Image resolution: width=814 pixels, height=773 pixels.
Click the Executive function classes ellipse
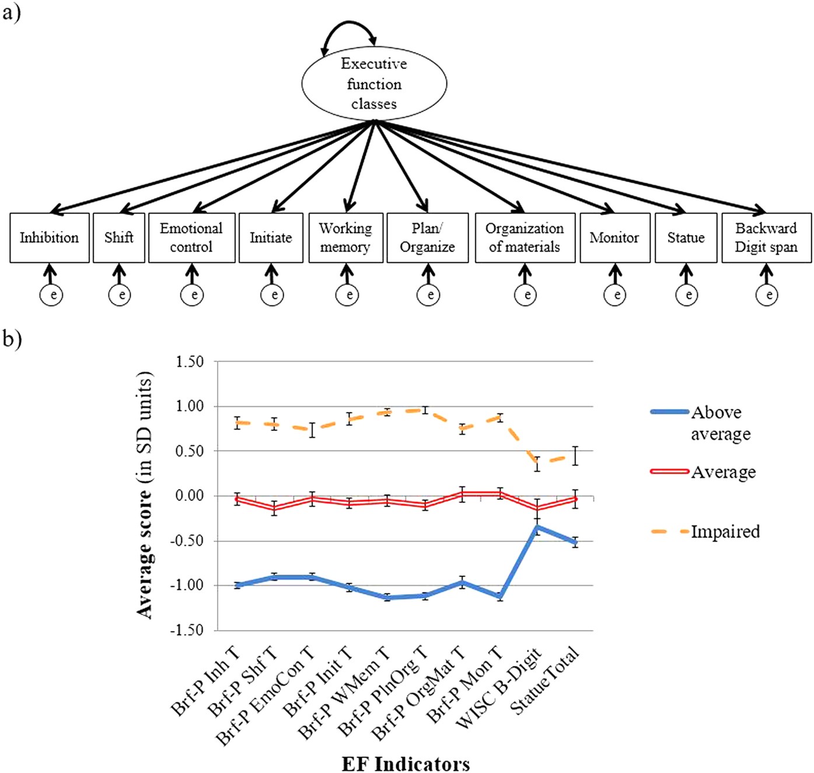(374, 83)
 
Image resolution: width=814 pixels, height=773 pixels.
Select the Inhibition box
(50, 238)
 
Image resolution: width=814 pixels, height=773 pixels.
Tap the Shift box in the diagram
(119, 238)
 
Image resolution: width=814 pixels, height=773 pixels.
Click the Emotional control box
(191, 238)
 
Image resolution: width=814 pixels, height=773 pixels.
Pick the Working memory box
(345, 238)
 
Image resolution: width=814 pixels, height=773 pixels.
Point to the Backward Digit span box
(766, 238)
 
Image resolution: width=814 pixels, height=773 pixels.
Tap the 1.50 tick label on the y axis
(190, 362)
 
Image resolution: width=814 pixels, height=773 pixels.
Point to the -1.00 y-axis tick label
(188, 586)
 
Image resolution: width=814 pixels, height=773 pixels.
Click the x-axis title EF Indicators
(406, 763)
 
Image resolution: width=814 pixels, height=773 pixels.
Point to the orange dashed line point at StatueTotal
(575, 455)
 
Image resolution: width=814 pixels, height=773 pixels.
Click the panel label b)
(12, 339)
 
